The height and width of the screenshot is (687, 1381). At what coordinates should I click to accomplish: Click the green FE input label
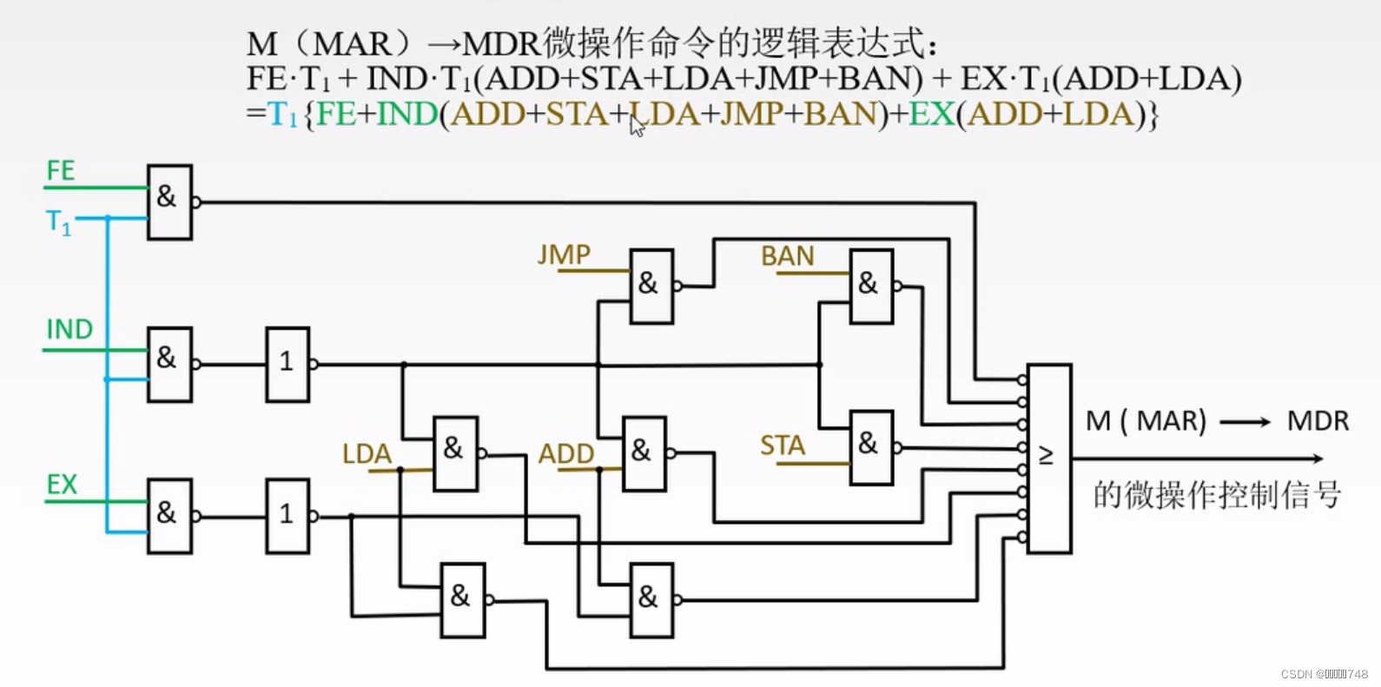coord(61,170)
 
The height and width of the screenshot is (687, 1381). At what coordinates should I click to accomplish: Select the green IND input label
coord(69,329)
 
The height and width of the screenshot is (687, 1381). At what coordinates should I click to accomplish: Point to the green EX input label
coord(62,484)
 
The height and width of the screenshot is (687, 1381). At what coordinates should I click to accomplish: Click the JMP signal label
coord(564,254)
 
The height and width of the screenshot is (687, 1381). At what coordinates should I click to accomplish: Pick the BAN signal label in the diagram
coord(788,256)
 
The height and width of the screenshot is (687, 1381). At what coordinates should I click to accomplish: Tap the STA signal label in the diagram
coord(783,446)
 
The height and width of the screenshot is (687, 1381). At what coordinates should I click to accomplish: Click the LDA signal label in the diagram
coord(367,453)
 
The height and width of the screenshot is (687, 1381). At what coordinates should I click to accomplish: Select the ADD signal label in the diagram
coord(566,453)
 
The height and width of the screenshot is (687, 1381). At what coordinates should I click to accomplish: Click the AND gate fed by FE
coord(169,201)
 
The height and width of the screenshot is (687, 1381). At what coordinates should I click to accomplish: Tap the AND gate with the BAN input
coord(871,286)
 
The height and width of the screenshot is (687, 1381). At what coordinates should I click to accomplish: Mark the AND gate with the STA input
coord(871,446)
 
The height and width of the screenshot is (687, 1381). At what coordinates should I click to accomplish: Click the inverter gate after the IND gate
coord(287,364)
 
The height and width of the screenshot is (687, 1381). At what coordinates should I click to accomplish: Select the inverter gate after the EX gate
coord(287,516)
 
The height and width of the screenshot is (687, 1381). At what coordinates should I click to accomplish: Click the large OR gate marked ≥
coord(1048,458)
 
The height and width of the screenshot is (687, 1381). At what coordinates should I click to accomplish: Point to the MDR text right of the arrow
coord(1318,421)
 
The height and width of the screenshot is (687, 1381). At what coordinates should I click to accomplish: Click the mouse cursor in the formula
coord(637,127)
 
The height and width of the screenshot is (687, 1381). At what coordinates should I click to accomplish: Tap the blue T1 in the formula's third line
coord(282,115)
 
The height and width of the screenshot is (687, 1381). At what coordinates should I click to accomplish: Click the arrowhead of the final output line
coord(1318,458)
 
